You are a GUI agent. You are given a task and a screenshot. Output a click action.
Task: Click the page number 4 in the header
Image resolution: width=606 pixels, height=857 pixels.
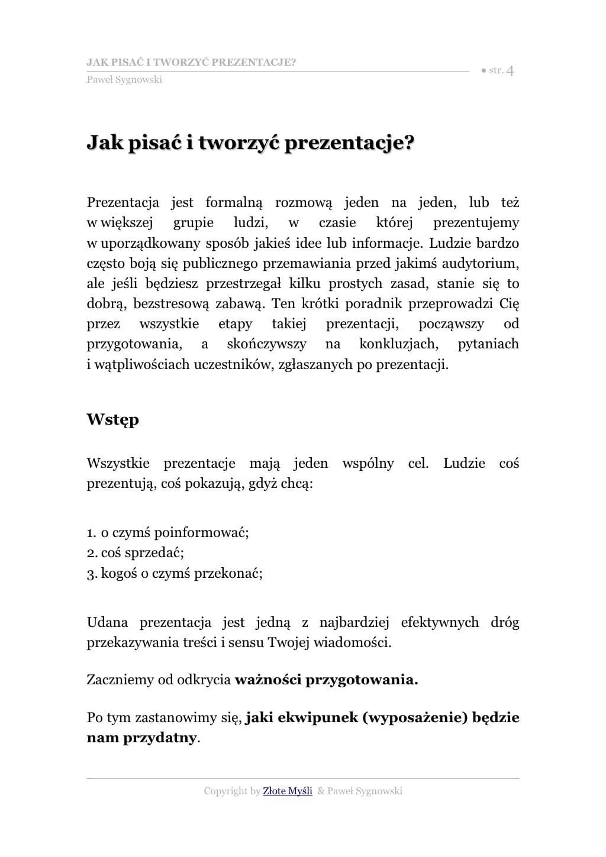[510, 71]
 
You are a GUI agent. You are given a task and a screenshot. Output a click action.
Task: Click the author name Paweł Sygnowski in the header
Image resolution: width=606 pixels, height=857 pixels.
[124, 80]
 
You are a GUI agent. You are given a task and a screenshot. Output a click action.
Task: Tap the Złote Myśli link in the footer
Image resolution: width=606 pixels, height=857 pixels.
[288, 791]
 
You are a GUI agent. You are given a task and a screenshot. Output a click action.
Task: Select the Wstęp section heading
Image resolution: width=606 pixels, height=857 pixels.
[113, 420]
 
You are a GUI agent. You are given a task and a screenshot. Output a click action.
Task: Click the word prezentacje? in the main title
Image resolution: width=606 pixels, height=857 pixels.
[349, 143]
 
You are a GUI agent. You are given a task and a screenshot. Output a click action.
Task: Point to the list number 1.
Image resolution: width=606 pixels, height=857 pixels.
[91, 533]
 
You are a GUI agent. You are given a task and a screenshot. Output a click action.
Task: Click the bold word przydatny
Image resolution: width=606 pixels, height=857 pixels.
[160, 738]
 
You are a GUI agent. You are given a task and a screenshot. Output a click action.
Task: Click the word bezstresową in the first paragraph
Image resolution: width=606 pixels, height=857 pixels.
[172, 304]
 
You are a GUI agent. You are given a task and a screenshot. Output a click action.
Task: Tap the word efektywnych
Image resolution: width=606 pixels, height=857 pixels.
[440, 622]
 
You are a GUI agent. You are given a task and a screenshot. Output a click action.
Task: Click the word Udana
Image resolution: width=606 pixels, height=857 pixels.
[107, 622]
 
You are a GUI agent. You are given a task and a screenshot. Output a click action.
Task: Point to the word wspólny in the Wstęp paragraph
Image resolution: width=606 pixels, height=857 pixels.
[368, 464]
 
